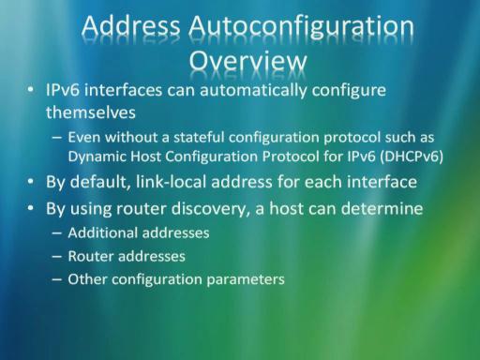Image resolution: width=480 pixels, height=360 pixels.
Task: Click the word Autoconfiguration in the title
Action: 301,27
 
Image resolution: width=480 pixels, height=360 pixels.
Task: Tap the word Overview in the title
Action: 248,61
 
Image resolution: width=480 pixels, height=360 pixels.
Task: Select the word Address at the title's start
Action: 131,25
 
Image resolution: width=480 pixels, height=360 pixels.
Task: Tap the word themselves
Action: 91,112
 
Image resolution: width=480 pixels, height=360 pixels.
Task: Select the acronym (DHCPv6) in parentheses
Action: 412,157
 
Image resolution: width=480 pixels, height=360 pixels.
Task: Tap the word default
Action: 100,182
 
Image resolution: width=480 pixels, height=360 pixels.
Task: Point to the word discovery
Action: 211,209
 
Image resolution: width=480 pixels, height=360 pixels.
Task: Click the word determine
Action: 382,208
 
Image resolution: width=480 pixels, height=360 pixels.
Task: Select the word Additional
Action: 102,232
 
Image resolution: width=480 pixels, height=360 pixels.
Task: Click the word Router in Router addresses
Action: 91,256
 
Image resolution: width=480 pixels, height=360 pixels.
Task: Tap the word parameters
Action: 246,279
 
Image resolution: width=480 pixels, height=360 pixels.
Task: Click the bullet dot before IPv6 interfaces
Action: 30,90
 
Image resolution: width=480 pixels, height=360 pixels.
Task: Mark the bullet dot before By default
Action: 30,182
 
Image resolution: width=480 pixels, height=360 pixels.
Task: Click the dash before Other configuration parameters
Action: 57,279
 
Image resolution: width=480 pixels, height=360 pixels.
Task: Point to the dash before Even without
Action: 57,138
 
